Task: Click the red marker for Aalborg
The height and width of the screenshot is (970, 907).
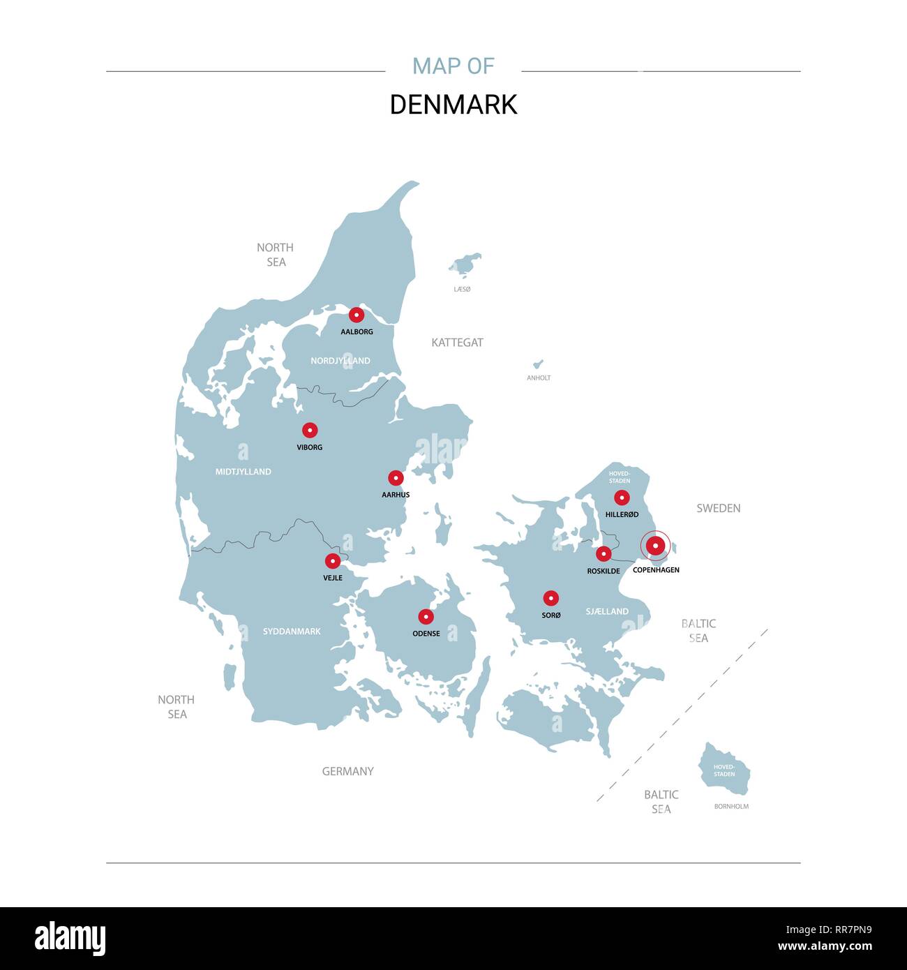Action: click(x=357, y=315)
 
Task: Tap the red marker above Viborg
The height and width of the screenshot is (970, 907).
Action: click(x=310, y=430)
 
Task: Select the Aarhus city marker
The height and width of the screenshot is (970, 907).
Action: click(x=396, y=478)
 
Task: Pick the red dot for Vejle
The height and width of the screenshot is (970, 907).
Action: click(x=333, y=561)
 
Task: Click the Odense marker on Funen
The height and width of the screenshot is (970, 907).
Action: click(x=426, y=617)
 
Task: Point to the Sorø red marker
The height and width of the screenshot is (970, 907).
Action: click(x=551, y=598)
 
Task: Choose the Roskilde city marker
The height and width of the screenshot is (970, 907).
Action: click(x=604, y=554)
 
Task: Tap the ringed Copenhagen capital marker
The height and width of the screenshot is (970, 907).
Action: click(x=655, y=546)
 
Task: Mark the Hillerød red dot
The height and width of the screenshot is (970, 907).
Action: click(x=622, y=498)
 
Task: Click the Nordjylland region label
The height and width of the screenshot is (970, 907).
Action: click(x=340, y=361)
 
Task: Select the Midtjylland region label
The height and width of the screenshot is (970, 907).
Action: click(x=243, y=472)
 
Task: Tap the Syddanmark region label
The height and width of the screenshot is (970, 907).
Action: click(x=292, y=632)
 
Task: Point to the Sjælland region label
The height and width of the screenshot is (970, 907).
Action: click(x=607, y=611)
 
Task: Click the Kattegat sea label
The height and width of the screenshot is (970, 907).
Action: click(x=457, y=343)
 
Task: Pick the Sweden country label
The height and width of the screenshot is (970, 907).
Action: click(x=718, y=508)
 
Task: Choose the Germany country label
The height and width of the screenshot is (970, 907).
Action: click(x=347, y=771)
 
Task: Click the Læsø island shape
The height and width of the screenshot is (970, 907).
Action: click(x=465, y=264)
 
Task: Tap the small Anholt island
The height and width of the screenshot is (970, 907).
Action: click(x=538, y=364)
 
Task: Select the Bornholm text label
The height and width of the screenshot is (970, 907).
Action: click(x=731, y=807)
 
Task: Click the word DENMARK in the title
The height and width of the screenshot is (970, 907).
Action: click(x=453, y=105)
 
